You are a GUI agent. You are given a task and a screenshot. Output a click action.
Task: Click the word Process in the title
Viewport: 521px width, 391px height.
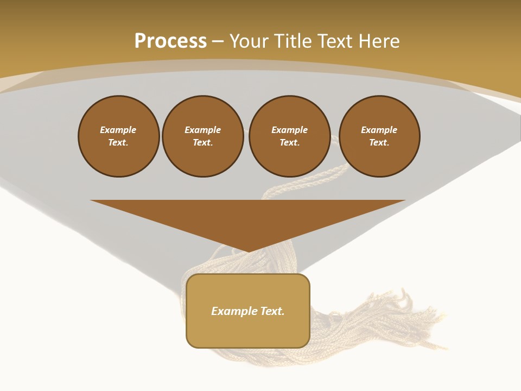point(170,41)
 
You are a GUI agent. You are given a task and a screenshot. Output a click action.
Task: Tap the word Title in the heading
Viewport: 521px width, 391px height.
point(294,41)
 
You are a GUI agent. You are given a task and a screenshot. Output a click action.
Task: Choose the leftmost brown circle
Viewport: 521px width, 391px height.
point(119,136)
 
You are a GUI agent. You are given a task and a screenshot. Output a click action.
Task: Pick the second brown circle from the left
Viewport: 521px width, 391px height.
point(203,136)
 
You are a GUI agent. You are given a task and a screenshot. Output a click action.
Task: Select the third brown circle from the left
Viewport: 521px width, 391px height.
point(290,136)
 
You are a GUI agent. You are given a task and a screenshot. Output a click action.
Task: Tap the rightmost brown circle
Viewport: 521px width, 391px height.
point(379,136)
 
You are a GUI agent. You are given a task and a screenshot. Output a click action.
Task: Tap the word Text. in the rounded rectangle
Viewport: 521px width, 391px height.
point(272,311)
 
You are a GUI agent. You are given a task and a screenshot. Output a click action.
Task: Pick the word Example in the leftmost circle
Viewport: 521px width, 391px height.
point(118,130)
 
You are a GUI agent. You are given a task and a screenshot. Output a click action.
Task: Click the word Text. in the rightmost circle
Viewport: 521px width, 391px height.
point(379,143)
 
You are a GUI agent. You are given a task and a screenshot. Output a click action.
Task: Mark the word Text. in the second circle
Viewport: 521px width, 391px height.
point(203,143)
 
